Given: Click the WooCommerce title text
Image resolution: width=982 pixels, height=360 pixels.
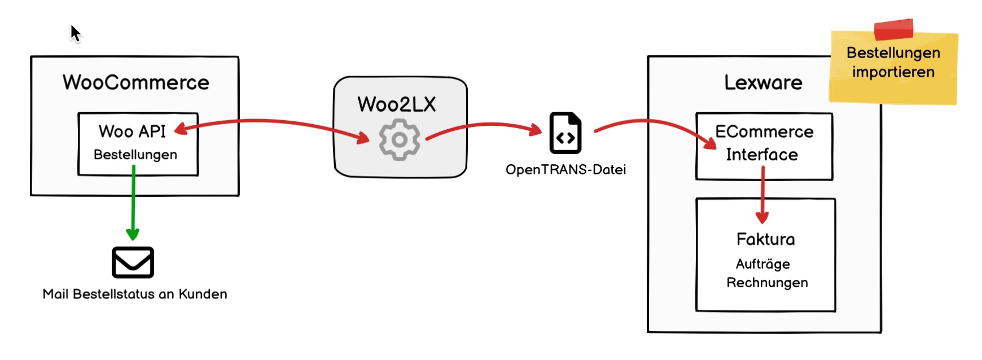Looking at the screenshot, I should (x=135, y=82).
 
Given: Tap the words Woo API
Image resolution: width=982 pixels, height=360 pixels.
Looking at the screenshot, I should (x=132, y=131).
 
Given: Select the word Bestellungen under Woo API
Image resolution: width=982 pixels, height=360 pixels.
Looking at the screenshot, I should (x=135, y=155).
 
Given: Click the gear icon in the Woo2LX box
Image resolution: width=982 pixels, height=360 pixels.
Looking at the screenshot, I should (x=399, y=139).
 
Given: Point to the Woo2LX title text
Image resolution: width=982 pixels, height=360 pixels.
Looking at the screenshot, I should (x=396, y=104).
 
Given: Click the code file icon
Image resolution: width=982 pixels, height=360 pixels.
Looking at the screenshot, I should (x=565, y=133).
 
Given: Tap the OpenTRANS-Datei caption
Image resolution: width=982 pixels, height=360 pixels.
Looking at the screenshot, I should (x=565, y=169).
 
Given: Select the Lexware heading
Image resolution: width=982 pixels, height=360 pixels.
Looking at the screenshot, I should (x=763, y=82).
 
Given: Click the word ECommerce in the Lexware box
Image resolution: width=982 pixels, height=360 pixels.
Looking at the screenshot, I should (x=764, y=131).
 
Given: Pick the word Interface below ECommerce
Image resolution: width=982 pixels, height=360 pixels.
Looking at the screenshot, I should (x=762, y=155).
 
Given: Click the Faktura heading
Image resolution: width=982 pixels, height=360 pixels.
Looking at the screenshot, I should (x=765, y=239).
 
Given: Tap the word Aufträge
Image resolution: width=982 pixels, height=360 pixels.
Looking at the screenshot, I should (x=762, y=264).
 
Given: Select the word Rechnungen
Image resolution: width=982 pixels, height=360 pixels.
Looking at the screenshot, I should (x=766, y=283).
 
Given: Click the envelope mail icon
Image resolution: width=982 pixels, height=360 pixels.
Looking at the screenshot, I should (x=133, y=262).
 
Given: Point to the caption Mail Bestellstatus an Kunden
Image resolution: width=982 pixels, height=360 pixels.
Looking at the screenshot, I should (x=135, y=294).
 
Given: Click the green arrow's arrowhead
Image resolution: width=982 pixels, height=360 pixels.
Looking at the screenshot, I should (x=133, y=234).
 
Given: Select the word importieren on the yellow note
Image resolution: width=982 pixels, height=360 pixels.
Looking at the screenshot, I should (x=893, y=72).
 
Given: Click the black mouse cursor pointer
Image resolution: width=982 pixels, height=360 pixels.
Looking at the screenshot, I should (x=75, y=33).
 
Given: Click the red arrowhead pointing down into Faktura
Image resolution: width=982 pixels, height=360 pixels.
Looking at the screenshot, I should (x=762, y=217).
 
